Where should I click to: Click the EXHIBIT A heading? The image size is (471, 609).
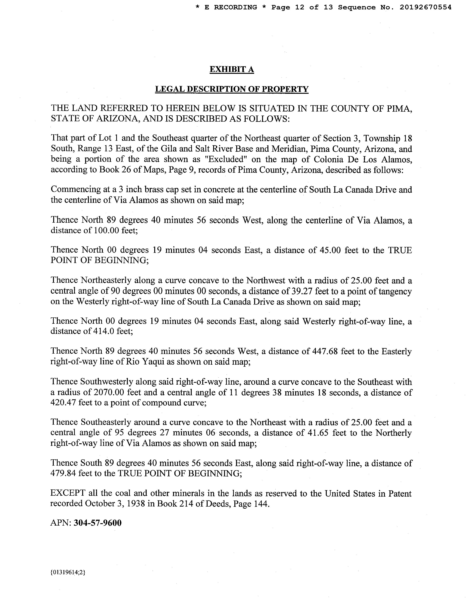[232, 69]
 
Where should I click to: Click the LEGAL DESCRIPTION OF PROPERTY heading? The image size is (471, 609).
[232, 89]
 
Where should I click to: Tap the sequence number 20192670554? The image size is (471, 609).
[425, 8]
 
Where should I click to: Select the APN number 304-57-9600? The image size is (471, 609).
[98, 523]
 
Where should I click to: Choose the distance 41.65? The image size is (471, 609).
[316, 433]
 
